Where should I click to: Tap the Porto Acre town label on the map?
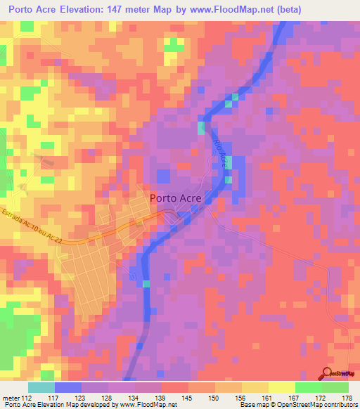pos(176,198)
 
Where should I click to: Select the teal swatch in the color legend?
pos(41,387)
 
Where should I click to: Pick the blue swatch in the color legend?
pos(68,387)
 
